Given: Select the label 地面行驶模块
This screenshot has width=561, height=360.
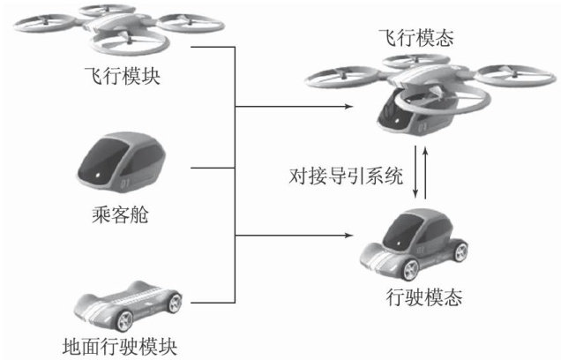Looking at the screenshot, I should coord(125,344).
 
